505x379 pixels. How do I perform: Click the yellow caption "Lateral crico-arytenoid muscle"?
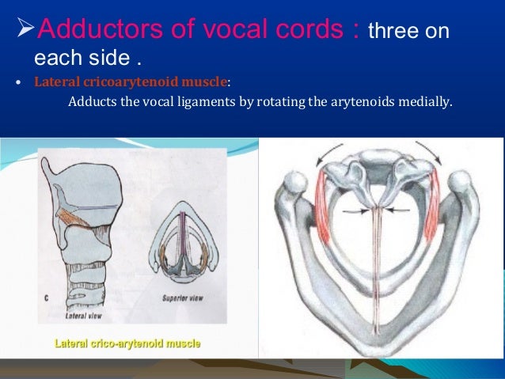point(126,344)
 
